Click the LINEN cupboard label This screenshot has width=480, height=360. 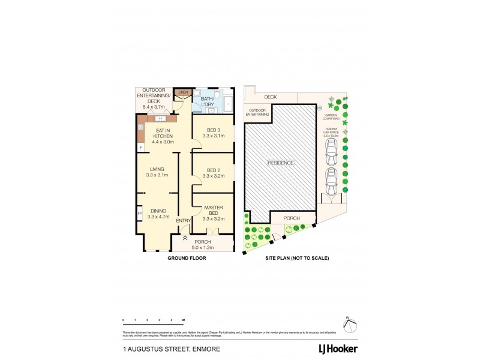(183, 92)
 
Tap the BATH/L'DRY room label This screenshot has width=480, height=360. (208, 101)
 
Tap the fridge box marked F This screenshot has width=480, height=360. (141, 147)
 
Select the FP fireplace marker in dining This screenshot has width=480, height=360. (139, 213)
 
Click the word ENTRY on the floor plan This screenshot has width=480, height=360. (183, 221)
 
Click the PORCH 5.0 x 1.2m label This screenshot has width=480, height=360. (203, 244)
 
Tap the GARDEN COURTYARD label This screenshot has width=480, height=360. (332, 117)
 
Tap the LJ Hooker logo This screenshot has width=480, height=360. (338, 349)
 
